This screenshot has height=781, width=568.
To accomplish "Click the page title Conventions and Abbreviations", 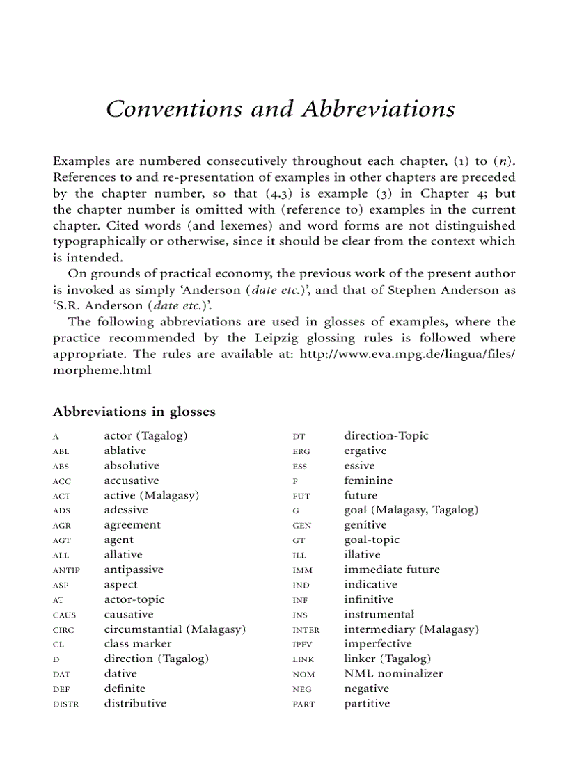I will pyautogui.click(x=281, y=109).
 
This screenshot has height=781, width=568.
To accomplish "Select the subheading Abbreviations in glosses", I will pyautogui.click(x=134, y=412).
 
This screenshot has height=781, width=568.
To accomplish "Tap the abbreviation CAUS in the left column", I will pyautogui.click(x=64, y=615).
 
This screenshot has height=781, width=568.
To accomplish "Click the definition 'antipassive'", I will pyautogui.click(x=134, y=570).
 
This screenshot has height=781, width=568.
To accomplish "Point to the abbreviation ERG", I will pyautogui.click(x=301, y=452).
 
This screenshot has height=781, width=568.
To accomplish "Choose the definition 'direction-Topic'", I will pyautogui.click(x=386, y=436).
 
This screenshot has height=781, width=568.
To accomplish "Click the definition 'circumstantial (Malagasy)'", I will pyautogui.click(x=175, y=629).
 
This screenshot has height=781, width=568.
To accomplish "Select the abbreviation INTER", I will pyautogui.click(x=306, y=631).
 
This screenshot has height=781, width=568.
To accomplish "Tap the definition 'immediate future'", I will pyautogui.click(x=392, y=570).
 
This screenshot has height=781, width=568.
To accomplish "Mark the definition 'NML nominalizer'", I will pyautogui.click(x=393, y=674).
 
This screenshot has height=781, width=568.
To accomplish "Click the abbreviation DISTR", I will pyautogui.click(x=66, y=704).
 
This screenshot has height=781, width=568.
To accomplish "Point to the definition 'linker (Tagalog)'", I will pyautogui.click(x=387, y=659).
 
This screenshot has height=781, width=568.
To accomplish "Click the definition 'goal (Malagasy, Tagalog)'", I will pyautogui.click(x=411, y=510).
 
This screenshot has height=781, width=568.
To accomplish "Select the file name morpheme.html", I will pyautogui.click(x=102, y=370).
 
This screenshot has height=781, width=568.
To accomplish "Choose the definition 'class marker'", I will pyautogui.click(x=138, y=644).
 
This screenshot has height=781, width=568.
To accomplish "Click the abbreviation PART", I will pyautogui.click(x=303, y=704).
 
